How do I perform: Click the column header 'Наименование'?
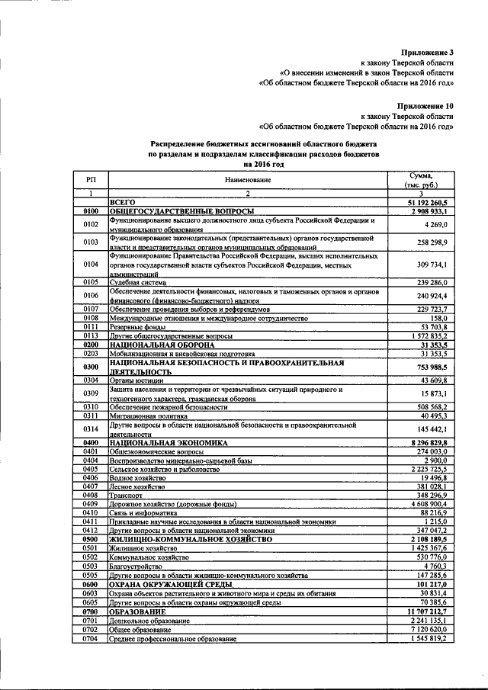click(248, 180)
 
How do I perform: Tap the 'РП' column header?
click(91, 180)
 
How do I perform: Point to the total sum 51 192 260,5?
click(432, 202)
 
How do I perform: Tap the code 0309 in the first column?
click(91, 393)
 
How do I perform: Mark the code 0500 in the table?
click(91, 539)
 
